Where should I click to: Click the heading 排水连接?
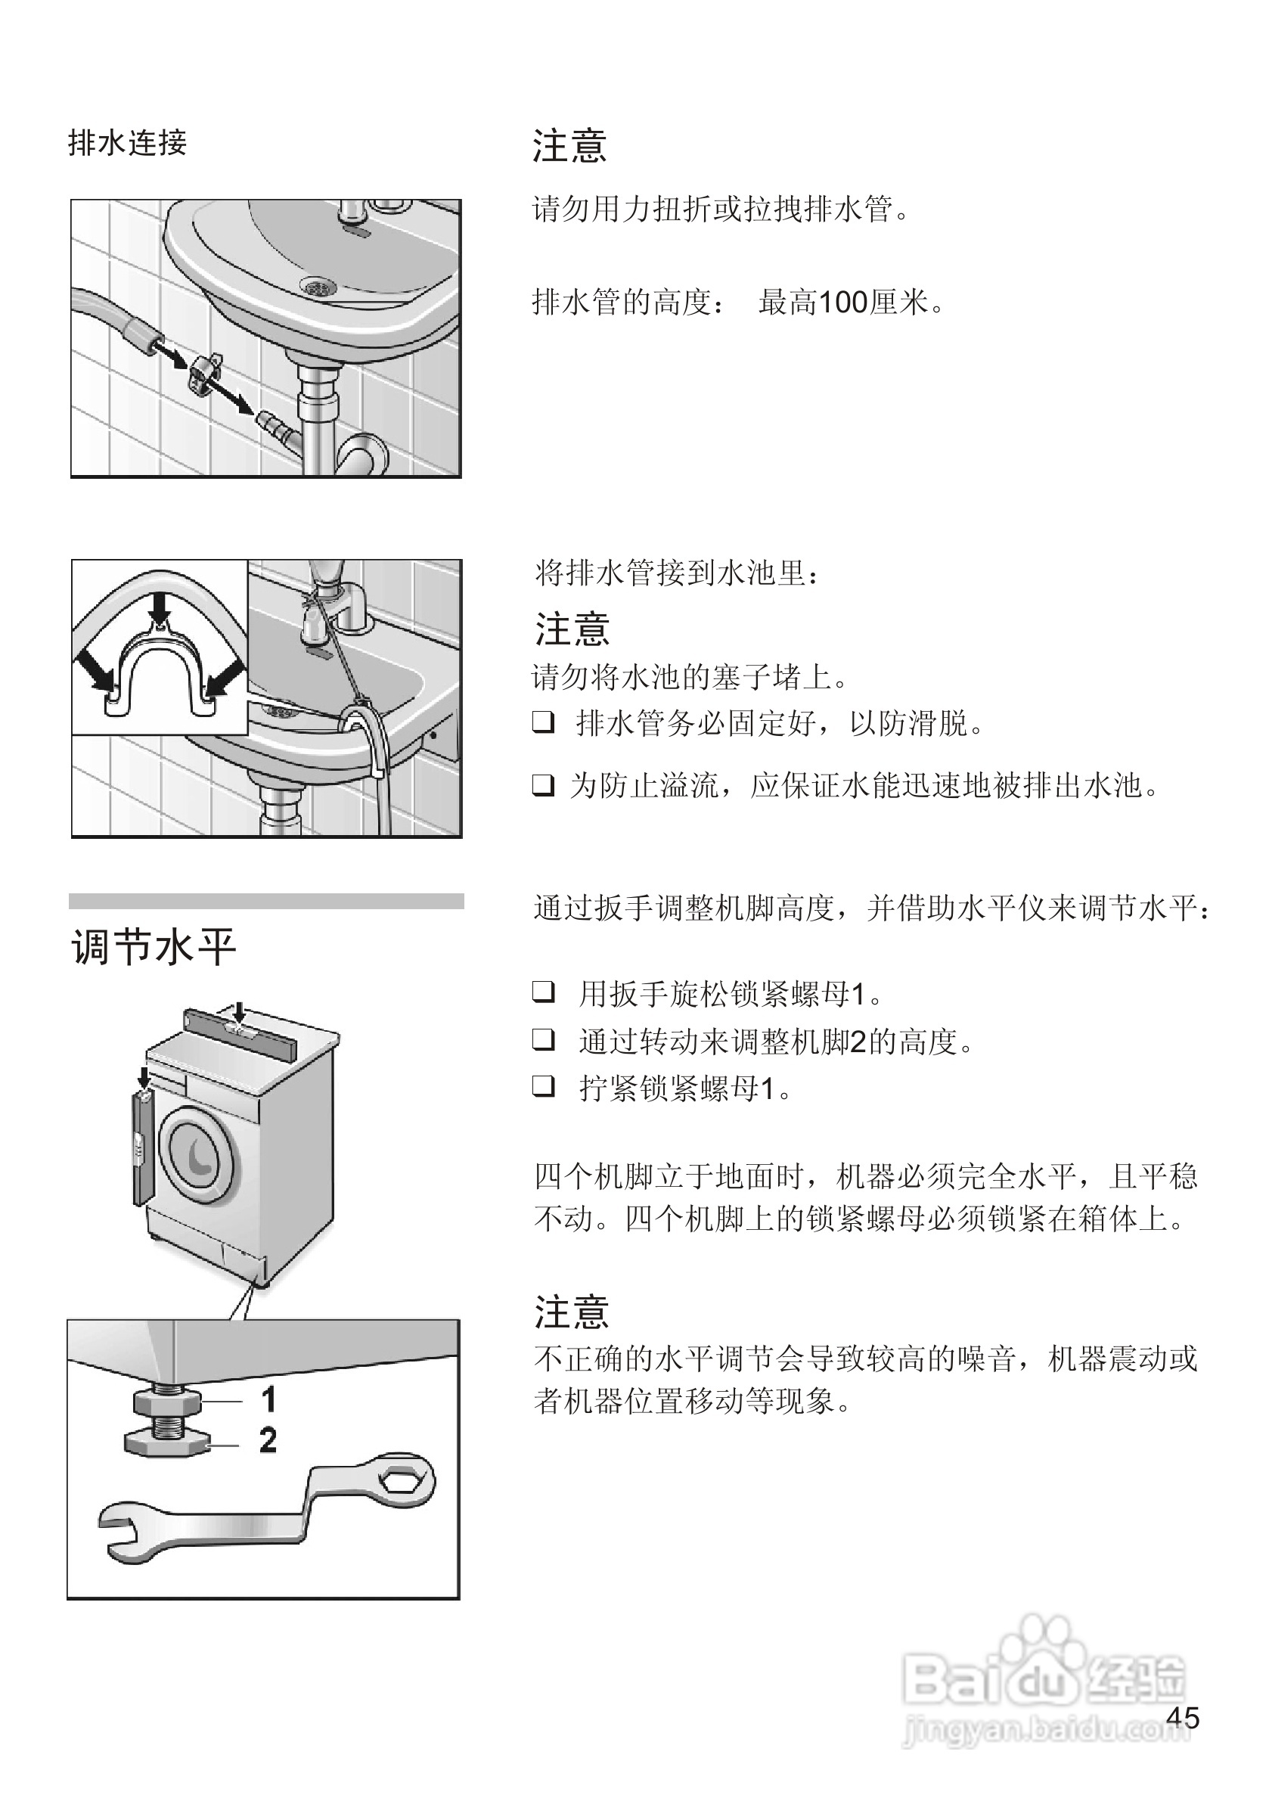point(128,144)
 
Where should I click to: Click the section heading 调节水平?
point(154,947)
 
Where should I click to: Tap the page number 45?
point(1183,1719)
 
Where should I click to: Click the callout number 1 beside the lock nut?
point(268,1399)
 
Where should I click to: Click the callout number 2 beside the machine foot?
point(268,1440)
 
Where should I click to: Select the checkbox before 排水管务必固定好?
point(544,722)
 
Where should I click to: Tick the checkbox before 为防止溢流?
point(544,784)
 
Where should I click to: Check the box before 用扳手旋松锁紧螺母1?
point(544,992)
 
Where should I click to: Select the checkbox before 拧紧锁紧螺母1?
point(544,1085)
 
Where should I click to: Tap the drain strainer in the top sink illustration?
point(318,287)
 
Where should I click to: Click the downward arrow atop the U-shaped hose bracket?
point(161,607)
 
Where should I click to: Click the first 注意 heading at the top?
point(569,147)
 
